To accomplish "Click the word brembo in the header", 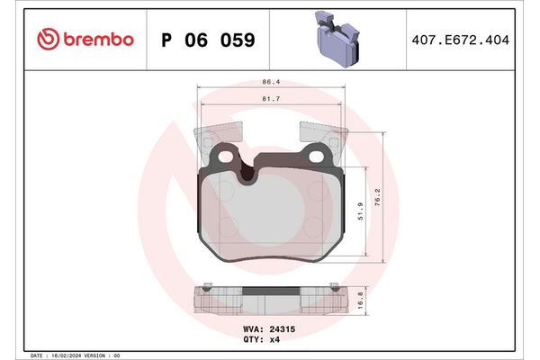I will pyautogui.click(x=97, y=40).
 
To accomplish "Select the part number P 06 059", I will pyautogui.click(x=207, y=40).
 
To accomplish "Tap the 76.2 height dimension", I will pyautogui.click(x=379, y=196).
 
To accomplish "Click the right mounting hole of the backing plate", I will pyautogui.click(x=316, y=159).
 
